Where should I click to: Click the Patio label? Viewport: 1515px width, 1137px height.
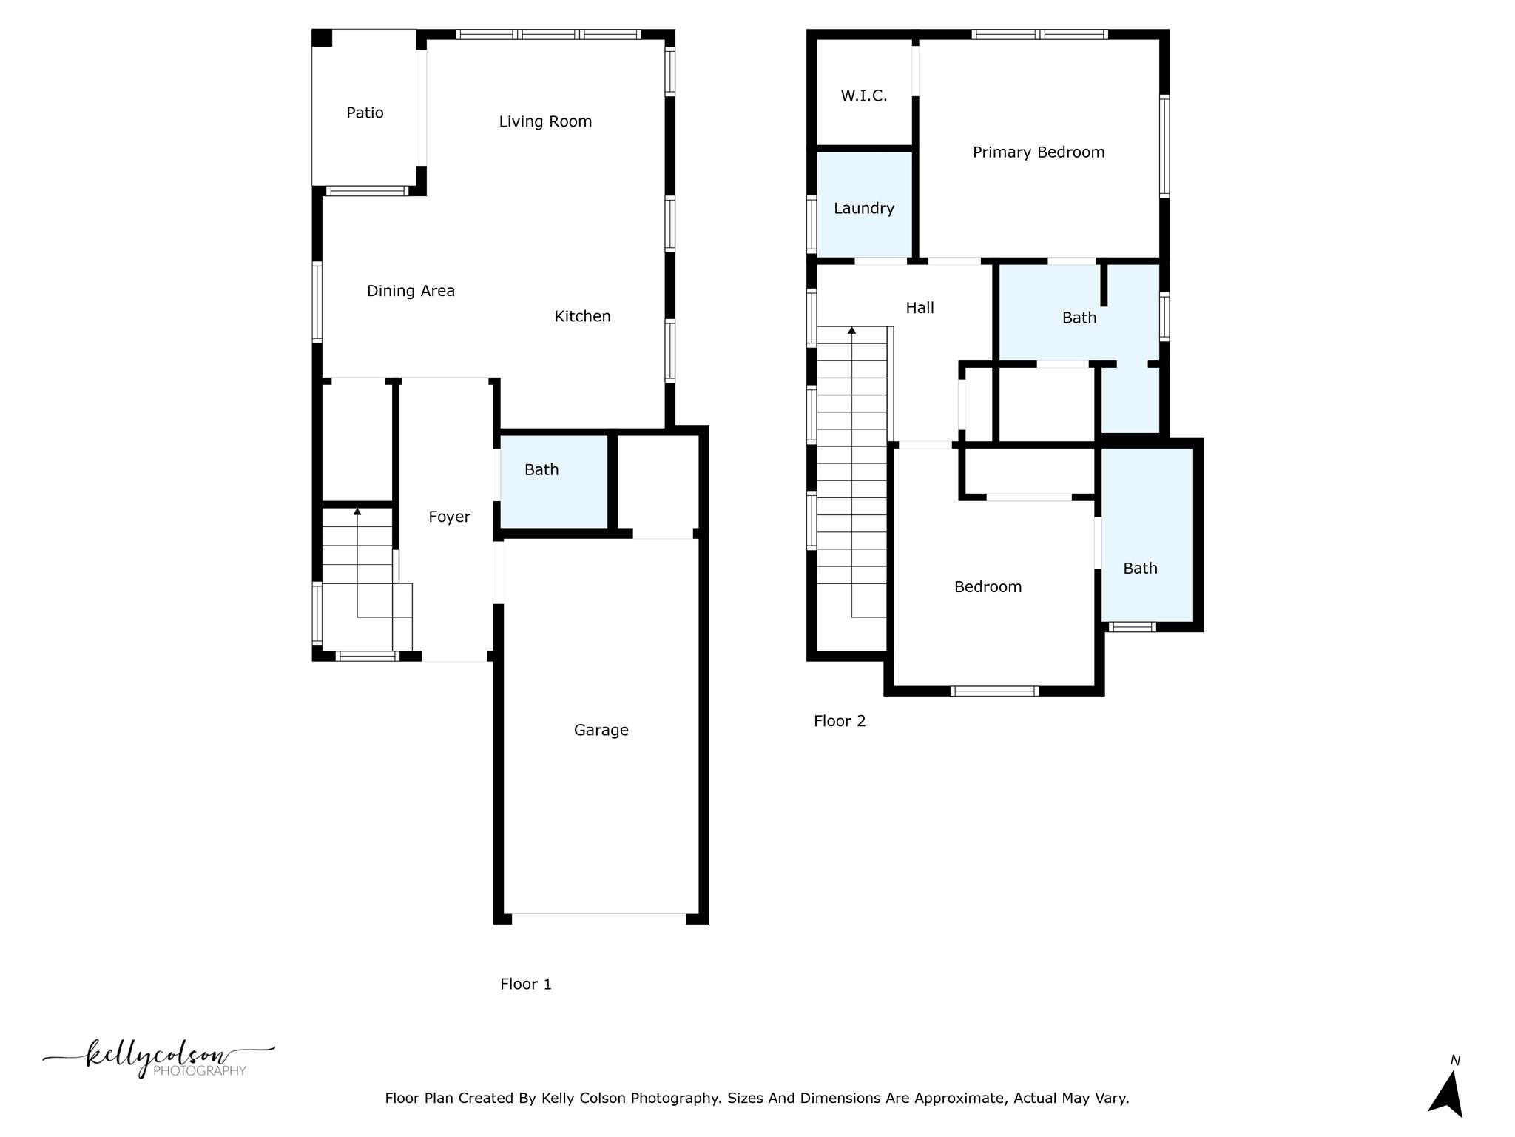[365, 113]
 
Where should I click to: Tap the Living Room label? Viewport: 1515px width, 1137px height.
[545, 121]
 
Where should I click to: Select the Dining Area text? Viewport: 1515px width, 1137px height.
[411, 291]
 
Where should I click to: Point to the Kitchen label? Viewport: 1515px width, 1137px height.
[582, 316]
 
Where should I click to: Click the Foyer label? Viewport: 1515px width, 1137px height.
[449, 517]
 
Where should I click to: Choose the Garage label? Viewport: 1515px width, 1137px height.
[601, 730]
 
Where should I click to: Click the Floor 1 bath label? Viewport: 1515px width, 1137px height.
[541, 469]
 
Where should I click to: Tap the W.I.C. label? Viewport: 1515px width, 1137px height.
[863, 95]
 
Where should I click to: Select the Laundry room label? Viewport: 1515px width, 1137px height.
[863, 208]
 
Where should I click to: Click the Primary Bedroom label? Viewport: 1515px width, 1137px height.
[1038, 152]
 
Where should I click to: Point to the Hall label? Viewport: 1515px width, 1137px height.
[920, 308]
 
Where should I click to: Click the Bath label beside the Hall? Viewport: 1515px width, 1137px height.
[1079, 318]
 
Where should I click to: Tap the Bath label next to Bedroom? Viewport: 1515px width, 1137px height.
[1139, 568]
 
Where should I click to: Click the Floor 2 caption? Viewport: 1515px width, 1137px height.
[839, 721]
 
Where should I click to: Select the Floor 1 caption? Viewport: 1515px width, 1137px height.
[525, 984]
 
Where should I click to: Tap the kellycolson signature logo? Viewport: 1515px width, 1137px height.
[158, 1058]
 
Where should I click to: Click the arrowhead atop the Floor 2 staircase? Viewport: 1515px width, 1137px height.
[851, 330]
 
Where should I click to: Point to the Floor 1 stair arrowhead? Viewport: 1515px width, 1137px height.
[357, 512]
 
